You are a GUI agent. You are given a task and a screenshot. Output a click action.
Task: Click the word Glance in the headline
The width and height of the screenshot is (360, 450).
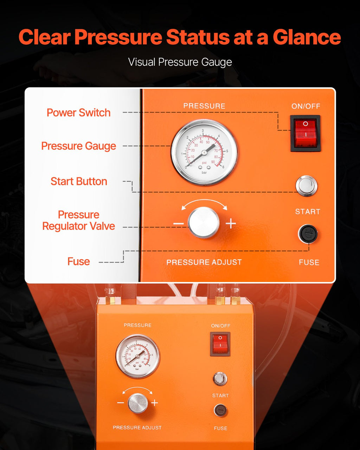[x=307, y=37]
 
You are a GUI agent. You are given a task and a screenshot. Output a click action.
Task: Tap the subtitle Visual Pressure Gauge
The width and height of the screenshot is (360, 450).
[x=180, y=62]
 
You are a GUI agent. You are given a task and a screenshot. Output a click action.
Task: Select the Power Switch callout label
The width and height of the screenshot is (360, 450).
[x=79, y=113]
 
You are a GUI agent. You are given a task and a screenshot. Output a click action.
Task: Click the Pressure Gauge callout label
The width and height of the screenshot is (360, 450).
[x=79, y=146]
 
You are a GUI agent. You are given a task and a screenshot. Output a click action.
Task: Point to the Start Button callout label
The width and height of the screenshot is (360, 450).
[x=79, y=181]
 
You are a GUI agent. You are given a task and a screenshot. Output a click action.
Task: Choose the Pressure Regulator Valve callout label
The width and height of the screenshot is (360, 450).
[x=79, y=220]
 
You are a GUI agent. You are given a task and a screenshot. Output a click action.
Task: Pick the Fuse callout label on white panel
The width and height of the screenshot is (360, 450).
[x=79, y=262]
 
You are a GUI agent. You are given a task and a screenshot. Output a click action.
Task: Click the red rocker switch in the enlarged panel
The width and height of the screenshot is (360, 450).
[x=305, y=133]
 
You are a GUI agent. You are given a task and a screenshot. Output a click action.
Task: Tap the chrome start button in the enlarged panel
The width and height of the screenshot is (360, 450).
[x=307, y=186]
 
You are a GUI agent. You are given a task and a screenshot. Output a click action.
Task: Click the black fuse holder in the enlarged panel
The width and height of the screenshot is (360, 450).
[x=308, y=234]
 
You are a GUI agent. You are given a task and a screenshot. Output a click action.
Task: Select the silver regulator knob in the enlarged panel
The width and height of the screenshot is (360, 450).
[x=204, y=223]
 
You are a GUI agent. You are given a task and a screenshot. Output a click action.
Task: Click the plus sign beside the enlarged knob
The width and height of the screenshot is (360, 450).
[x=231, y=224]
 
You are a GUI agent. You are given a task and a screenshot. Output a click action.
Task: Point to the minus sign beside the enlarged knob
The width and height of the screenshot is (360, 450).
[x=178, y=224]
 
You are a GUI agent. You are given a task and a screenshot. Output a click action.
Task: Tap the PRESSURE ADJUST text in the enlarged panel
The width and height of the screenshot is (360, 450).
[x=204, y=262]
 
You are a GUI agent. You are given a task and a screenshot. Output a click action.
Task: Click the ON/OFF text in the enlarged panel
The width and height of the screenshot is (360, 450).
[x=306, y=106]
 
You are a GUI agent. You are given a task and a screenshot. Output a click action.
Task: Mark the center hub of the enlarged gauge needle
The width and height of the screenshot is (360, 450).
[x=204, y=153]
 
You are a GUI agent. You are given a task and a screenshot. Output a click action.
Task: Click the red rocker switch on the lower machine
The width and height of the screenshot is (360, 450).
[x=220, y=344]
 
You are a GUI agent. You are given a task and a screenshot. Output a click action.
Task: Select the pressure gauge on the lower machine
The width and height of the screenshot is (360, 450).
[x=138, y=356]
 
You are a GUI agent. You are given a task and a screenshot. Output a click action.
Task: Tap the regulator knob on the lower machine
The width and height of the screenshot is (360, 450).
[x=138, y=403]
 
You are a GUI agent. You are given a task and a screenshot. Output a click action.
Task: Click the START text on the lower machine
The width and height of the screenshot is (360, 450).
[x=220, y=396]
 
